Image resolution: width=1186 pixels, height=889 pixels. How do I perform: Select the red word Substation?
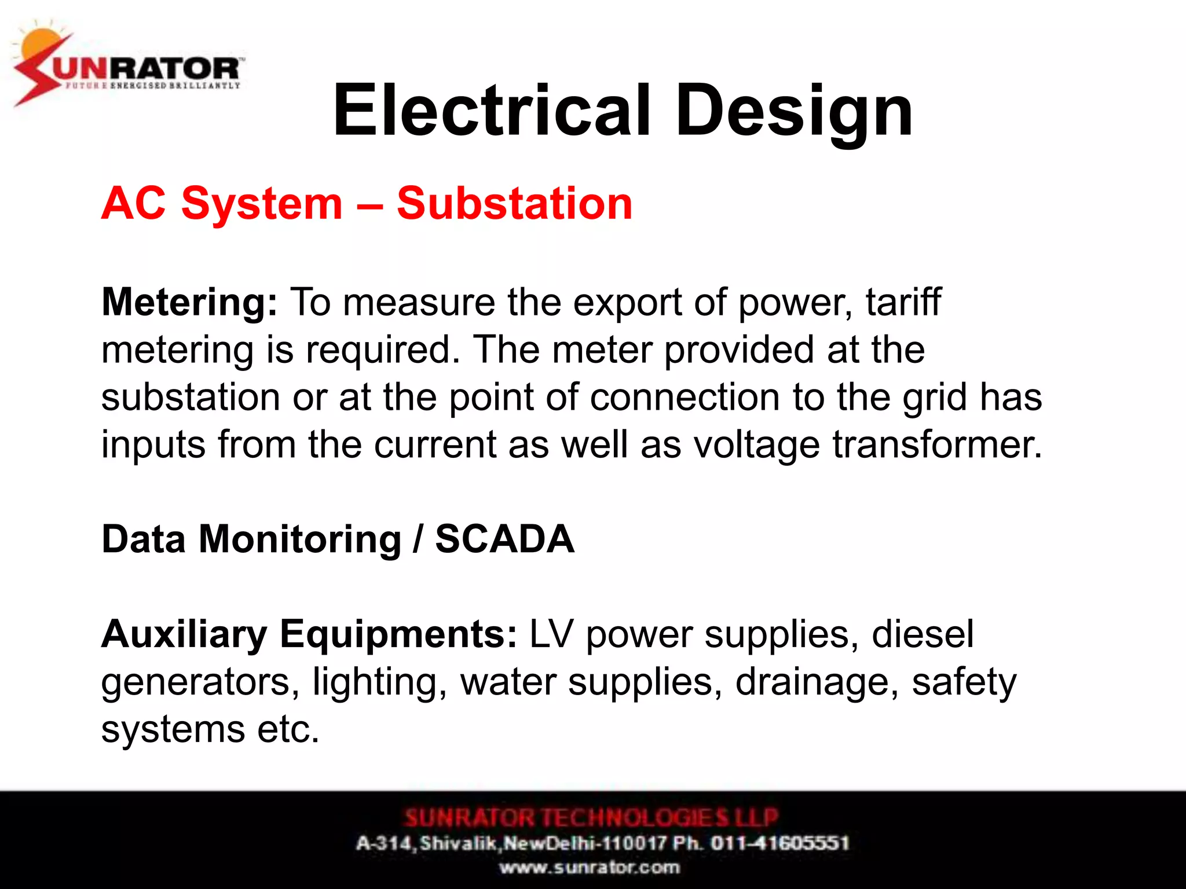(x=514, y=204)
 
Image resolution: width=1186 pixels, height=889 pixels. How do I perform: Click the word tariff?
(x=903, y=302)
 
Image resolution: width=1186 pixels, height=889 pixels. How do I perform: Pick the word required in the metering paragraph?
(x=379, y=350)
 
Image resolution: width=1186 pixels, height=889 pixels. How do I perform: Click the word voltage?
(x=756, y=446)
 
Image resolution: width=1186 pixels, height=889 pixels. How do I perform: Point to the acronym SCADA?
(x=504, y=539)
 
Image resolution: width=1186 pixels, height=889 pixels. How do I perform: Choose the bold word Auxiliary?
(x=184, y=634)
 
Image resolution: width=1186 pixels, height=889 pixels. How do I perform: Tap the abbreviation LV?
(x=551, y=634)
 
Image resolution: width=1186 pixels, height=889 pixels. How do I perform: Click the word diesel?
(x=922, y=634)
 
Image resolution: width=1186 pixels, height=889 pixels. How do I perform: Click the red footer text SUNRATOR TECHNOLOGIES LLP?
(x=591, y=817)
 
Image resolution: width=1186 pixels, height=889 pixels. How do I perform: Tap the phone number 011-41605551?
(x=779, y=843)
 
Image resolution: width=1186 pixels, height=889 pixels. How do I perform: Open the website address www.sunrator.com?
(x=590, y=868)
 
